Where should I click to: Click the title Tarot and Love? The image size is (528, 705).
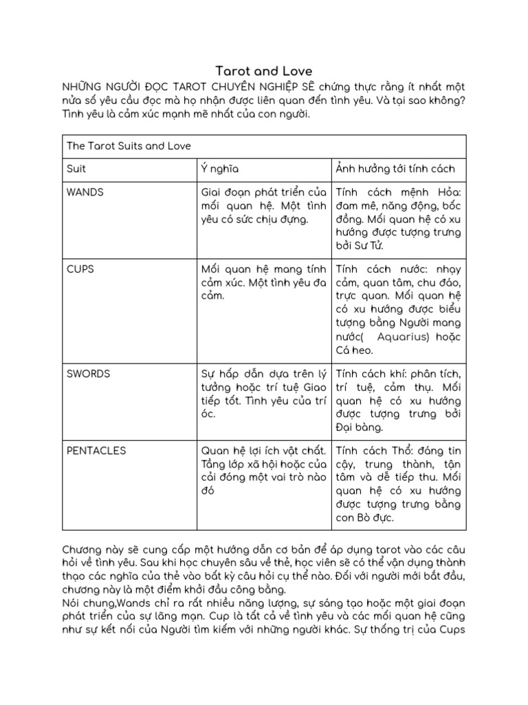tap(264, 71)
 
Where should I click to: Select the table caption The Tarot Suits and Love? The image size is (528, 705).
tap(129, 146)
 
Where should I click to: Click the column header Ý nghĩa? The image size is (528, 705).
tap(219, 169)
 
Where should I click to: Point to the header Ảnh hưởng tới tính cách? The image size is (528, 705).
tap(395, 169)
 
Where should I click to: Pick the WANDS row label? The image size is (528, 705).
tap(85, 192)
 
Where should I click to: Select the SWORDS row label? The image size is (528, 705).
tap(89, 374)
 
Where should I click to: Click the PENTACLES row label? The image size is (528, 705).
tap(96, 450)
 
